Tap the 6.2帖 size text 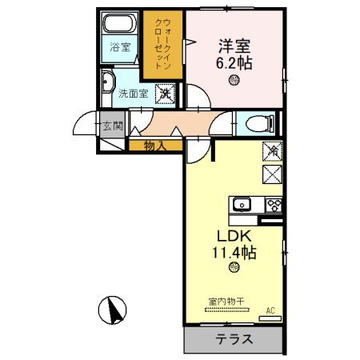point(233,62)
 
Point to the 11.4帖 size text point(234,253)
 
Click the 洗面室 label point(133,94)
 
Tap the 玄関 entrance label point(112,126)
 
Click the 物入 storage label point(155,145)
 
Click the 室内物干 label point(226,302)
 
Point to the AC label point(270,310)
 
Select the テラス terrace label point(234,339)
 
